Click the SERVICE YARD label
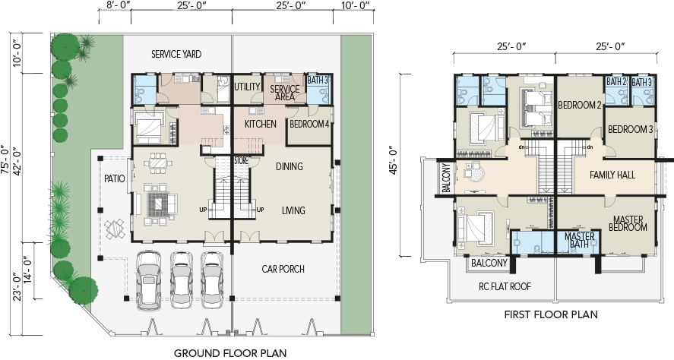pos(176,55)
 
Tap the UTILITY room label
pos(247,87)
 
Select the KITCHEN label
pos(261,124)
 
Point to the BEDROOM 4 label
pos(309,124)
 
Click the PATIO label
pos(114,178)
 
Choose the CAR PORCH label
pos(283,270)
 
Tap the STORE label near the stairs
pos(241,160)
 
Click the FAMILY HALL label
pos(612,175)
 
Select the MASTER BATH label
pos(580,240)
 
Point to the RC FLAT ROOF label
pos(505,286)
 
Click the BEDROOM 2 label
pos(580,106)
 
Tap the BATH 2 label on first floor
pos(616,81)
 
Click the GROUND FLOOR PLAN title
pos(230,353)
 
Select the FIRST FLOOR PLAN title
pos(551,314)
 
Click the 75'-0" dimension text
pos(5,159)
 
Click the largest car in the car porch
pos(148,279)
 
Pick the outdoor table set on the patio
pos(114,229)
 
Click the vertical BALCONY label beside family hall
pos(446,178)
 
